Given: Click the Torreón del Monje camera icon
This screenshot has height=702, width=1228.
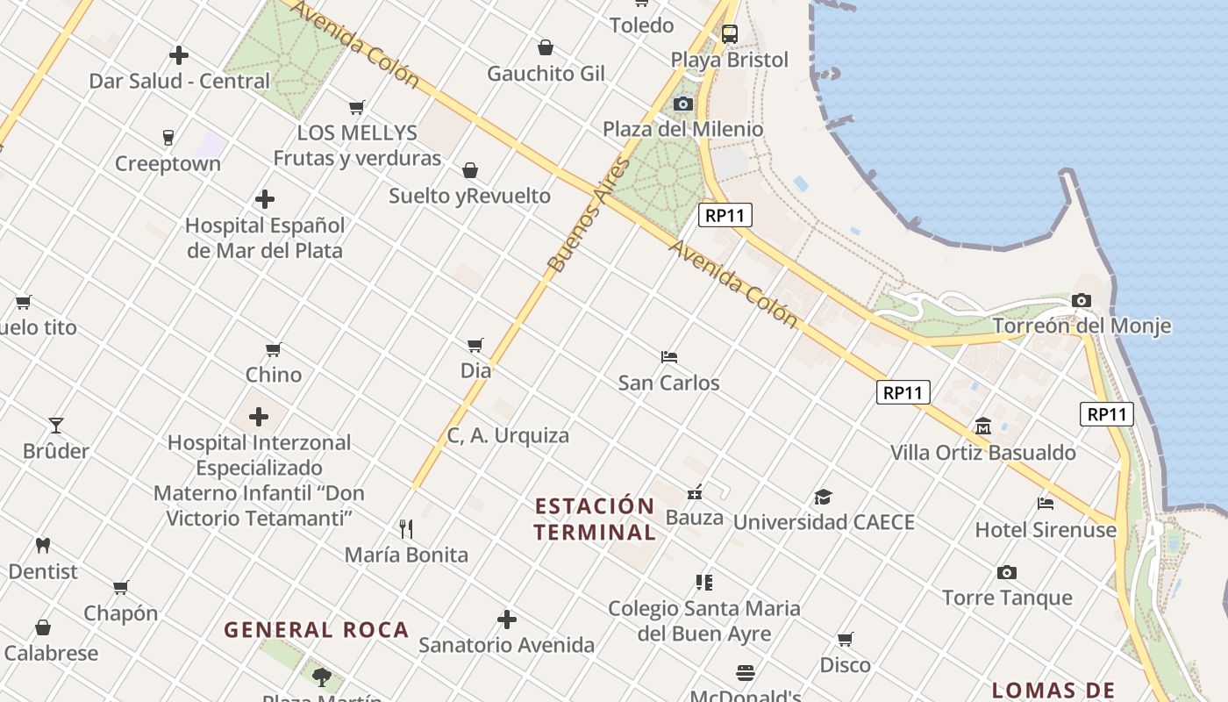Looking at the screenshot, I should point(1081,300).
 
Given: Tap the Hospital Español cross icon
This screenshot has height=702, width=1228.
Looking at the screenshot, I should point(264,199).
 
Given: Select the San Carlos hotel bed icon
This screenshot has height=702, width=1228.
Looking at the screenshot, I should point(669,357).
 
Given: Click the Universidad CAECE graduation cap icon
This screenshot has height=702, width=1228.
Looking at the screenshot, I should point(823,497).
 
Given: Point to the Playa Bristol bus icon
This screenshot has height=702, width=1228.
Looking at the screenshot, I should point(729,34).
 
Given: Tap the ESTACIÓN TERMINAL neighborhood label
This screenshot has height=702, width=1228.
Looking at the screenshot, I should point(595,519).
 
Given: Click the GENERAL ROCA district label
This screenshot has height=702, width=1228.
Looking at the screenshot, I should point(316,629).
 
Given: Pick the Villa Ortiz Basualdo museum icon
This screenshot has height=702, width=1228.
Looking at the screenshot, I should point(982,426).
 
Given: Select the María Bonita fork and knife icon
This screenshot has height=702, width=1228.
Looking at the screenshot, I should point(405,528).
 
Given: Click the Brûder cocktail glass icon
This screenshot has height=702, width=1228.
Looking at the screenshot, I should point(56,426).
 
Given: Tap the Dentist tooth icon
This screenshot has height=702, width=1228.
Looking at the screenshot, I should point(42,545).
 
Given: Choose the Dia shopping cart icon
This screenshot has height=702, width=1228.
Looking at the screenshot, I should point(475,345).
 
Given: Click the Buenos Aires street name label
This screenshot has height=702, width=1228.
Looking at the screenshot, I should point(589,214).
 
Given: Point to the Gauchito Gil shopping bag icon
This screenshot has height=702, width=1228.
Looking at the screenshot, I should point(546,47).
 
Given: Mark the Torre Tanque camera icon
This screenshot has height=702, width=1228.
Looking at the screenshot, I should point(1007,572).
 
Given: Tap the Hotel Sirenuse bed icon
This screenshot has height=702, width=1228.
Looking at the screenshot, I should point(1046,504).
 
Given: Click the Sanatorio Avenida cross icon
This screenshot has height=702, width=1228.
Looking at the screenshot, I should point(506,620).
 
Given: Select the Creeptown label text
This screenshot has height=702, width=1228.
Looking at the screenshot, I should point(168,164).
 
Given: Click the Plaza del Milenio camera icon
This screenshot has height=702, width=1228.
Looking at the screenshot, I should point(682,104).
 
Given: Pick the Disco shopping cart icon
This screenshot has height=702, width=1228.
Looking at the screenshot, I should point(845,639).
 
